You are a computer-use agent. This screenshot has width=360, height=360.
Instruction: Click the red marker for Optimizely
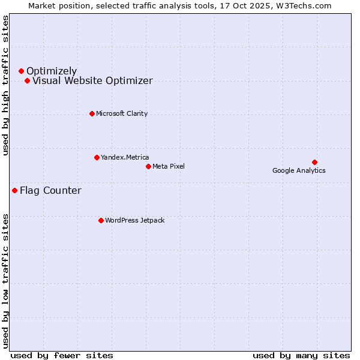click(x=21, y=71)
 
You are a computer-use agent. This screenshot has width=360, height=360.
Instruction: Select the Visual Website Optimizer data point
click(x=27, y=80)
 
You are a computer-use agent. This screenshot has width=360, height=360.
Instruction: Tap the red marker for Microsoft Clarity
click(x=92, y=113)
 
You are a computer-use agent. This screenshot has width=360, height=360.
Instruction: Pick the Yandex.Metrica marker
click(x=97, y=157)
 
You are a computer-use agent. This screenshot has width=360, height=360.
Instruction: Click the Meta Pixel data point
click(x=148, y=166)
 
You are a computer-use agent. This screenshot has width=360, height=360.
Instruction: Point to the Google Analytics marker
click(x=314, y=162)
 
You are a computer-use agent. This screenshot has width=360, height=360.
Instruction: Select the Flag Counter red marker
click(x=14, y=190)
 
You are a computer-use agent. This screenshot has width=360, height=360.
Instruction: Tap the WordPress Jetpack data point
click(x=101, y=220)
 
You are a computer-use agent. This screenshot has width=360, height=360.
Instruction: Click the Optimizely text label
click(x=52, y=71)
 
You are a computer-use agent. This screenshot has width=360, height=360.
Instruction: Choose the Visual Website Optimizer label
click(x=92, y=80)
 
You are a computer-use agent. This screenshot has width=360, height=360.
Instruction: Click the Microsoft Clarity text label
click(x=122, y=113)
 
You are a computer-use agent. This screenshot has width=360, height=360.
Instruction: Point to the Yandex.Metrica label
click(x=125, y=157)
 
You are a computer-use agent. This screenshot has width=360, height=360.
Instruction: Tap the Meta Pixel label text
click(x=169, y=166)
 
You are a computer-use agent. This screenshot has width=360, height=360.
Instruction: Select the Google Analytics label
click(x=299, y=170)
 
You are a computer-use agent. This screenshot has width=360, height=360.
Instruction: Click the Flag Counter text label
click(x=50, y=191)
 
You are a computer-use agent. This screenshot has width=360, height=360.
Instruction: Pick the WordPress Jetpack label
click(x=134, y=220)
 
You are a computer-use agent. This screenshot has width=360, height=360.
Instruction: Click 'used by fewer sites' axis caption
click(x=62, y=355)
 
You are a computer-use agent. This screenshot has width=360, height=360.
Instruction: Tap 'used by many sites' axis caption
click(x=301, y=355)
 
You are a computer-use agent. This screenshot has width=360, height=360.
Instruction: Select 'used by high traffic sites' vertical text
click(x=5, y=85)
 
